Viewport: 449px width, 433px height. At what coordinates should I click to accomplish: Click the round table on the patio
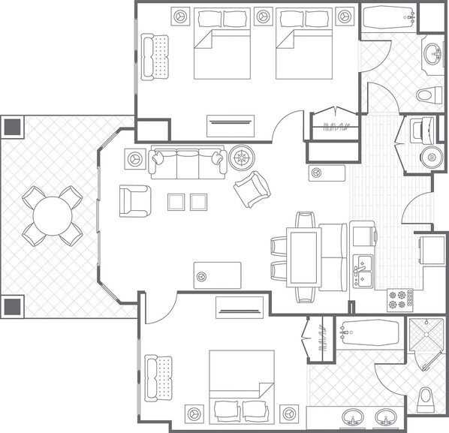(x=53, y=215)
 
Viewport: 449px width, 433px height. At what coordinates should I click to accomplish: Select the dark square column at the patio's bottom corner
(x=13, y=305)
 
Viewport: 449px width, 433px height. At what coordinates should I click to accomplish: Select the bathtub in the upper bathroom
(x=388, y=17)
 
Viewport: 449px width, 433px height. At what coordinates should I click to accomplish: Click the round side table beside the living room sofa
(x=243, y=158)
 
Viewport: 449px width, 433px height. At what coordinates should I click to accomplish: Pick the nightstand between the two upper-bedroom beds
(x=262, y=15)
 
